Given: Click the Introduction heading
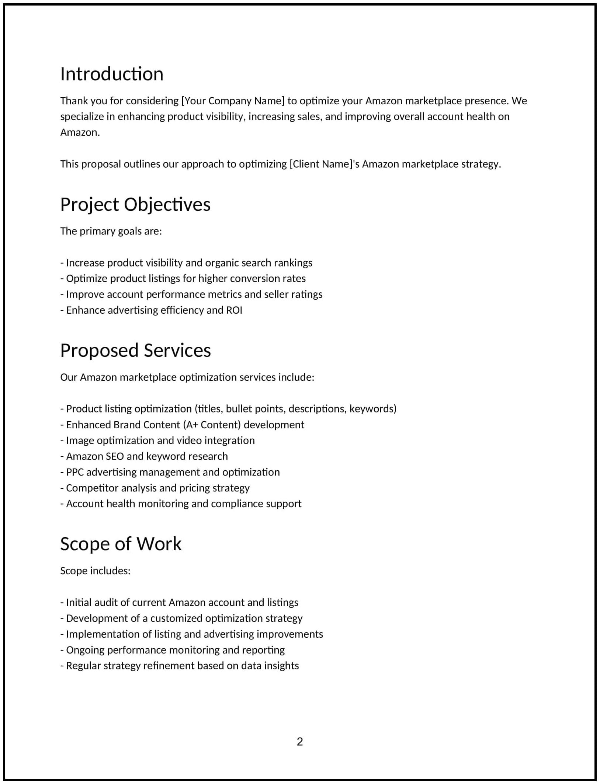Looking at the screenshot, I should coord(112,74).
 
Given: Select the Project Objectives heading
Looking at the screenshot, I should coord(135,205).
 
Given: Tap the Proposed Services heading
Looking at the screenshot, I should coord(135,351).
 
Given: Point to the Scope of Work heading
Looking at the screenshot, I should coord(121,544).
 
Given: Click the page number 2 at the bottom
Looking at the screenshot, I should coord(300,742).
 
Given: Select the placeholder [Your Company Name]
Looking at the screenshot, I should coord(233,101).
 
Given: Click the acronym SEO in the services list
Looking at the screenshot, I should coord(115,456).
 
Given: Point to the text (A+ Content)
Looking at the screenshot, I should coord(212,425).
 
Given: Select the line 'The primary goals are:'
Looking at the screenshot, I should coord(111,231).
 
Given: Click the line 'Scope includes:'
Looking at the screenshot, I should coord(96,571).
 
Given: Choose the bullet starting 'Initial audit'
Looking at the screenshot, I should coord(179,603).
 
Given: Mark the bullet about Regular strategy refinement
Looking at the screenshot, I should coord(180,666).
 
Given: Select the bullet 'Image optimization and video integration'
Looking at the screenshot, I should coord(157,441).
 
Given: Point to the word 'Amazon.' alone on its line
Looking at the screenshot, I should coord(80,133).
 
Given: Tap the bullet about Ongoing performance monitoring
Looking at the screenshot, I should coord(173,650).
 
